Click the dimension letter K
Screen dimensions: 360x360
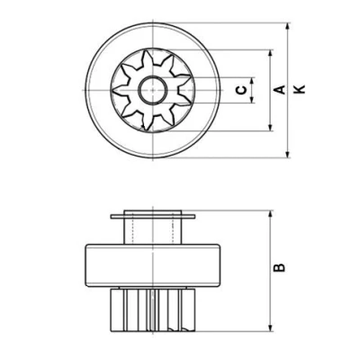300,89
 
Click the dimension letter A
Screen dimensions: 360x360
279,89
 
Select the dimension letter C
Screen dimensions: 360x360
241,90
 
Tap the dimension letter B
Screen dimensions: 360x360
279,267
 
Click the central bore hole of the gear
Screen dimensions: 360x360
153,90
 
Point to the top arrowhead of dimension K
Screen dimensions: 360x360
288,27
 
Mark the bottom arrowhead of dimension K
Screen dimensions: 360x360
288,154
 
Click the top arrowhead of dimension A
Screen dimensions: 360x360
271,54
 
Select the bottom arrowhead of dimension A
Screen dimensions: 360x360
271,127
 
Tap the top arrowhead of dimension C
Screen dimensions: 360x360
252,81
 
